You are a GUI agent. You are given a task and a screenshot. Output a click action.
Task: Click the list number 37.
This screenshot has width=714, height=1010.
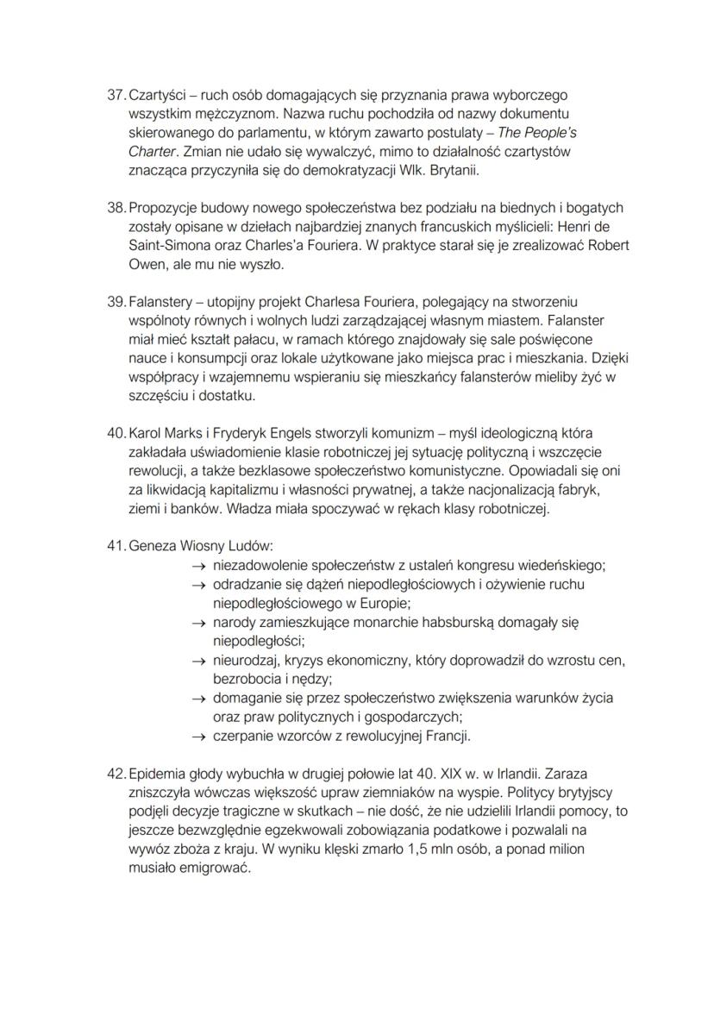point(116,95)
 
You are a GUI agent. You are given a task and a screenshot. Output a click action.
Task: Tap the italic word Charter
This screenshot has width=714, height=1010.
point(153,151)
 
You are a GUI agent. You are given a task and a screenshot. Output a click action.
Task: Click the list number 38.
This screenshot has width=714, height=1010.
point(116,208)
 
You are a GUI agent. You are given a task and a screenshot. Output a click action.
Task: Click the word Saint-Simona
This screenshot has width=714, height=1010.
point(165,245)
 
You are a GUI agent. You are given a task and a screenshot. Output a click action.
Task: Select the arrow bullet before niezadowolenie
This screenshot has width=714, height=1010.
point(197,566)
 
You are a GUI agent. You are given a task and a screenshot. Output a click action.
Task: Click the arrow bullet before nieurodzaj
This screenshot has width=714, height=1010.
point(197,661)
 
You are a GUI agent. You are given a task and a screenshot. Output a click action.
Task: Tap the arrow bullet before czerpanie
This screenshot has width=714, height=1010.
point(197,737)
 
